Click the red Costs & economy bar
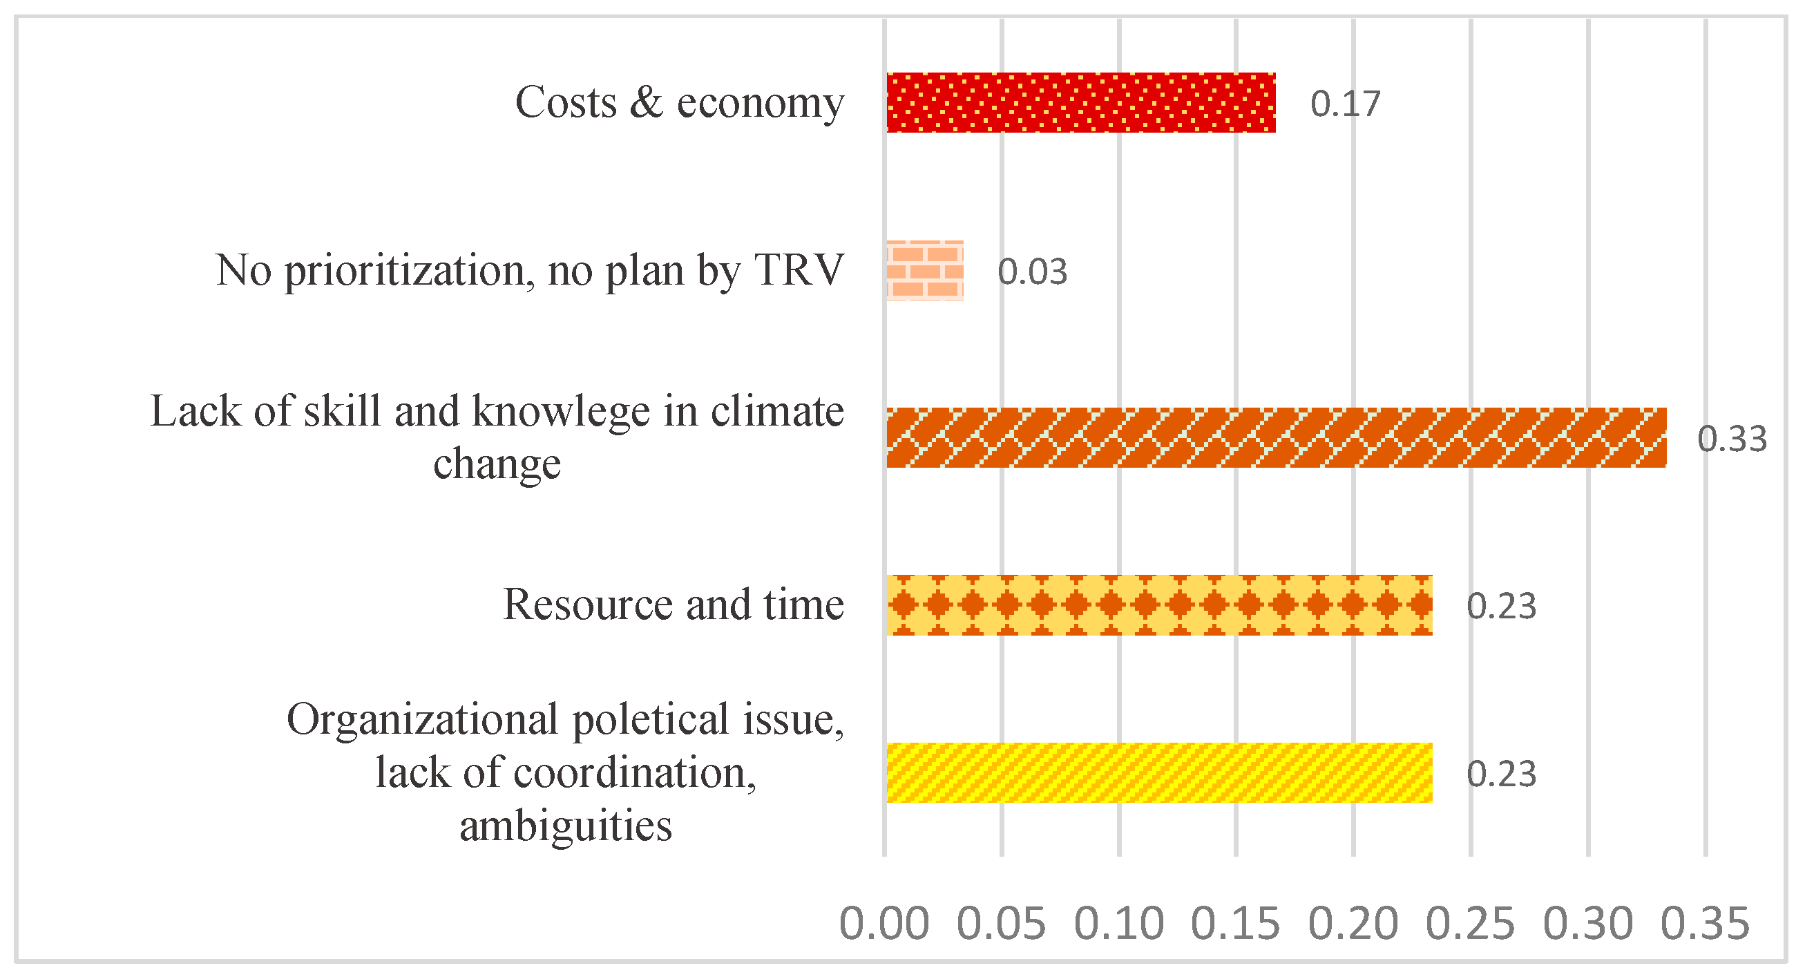click(x=1080, y=102)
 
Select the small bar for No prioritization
click(x=924, y=271)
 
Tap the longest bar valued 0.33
click(x=1275, y=437)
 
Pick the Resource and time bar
click(x=1158, y=605)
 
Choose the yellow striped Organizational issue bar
click(x=1158, y=772)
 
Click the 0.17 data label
click(x=1345, y=104)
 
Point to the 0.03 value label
click(x=1031, y=272)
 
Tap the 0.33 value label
click(x=1730, y=439)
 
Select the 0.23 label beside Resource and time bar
click(x=1501, y=606)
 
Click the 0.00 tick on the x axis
click(x=884, y=924)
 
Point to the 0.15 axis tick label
click(x=1235, y=924)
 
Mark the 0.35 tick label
click(x=1705, y=924)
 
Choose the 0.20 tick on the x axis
click(x=1353, y=924)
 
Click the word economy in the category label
click(x=760, y=103)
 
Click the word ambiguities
click(x=566, y=826)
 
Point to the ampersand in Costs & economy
click(x=645, y=102)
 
